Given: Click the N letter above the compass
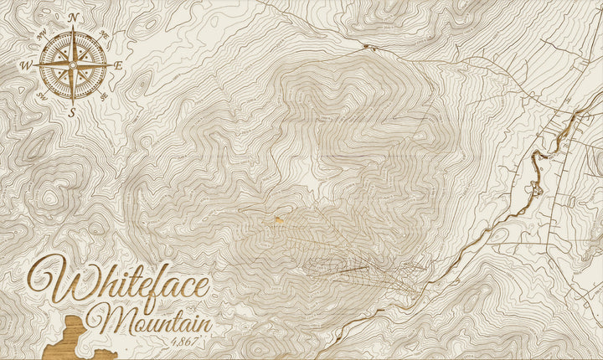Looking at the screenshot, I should coord(74,17).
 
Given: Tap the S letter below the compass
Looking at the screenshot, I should coord(73,111).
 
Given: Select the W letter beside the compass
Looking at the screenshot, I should coord(26,64).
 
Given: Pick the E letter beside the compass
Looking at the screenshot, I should coord(118,64).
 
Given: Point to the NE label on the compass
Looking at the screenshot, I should coord(104,35).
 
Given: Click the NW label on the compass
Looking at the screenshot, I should coord(43,35).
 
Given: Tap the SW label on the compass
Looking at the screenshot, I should coord(43,95).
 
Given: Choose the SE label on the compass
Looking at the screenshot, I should coord(104,95).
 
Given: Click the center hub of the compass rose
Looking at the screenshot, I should coord(73,64).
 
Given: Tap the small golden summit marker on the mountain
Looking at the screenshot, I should coord(277,219).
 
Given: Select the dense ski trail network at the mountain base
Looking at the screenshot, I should coord(360,268).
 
